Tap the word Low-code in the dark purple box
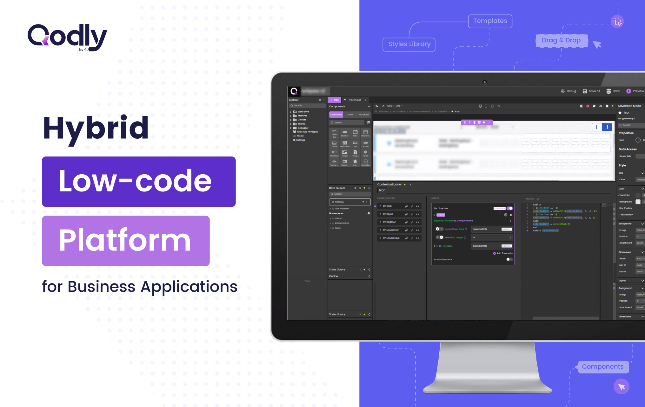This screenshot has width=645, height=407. click(x=135, y=181)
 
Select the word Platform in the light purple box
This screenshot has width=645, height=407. click(x=125, y=240)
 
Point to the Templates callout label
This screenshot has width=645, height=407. click(x=490, y=21)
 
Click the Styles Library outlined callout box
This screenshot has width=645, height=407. click(x=409, y=44)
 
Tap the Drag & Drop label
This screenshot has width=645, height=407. click(x=561, y=40)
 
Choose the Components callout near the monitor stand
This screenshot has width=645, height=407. click(x=602, y=367)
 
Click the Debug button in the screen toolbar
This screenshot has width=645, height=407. click(x=569, y=91)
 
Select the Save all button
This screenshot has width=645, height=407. click(x=591, y=91)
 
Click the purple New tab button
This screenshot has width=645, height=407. click(x=334, y=100)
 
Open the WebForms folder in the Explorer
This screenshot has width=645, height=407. click(x=303, y=112)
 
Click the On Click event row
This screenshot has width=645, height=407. click(x=387, y=206)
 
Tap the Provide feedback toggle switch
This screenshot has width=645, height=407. click(x=509, y=259)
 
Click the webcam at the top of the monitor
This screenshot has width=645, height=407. click(x=484, y=82)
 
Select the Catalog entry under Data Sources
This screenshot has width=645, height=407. click(x=349, y=202)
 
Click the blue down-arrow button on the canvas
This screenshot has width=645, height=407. click(x=607, y=127)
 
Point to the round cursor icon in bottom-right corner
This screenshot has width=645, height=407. click(x=621, y=387)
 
